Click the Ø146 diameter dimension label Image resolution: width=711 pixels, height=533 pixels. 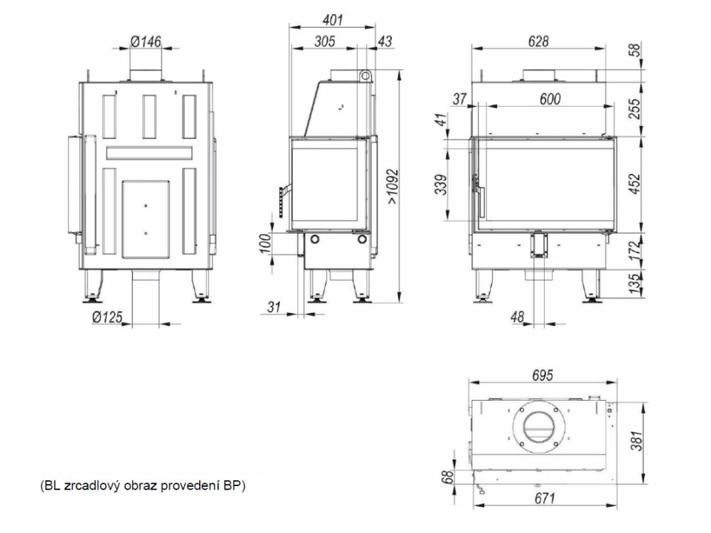[x=146, y=42]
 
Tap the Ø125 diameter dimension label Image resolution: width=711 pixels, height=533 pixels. [x=107, y=317]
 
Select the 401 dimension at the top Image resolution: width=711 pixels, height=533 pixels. [x=332, y=20]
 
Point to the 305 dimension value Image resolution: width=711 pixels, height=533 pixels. [x=325, y=41]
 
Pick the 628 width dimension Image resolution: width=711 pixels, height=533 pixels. [x=538, y=41]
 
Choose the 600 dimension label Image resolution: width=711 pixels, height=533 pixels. [x=550, y=99]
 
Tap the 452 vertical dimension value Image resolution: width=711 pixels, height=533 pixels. [x=636, y=184]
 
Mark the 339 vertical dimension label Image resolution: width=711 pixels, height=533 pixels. [x=442, y=184]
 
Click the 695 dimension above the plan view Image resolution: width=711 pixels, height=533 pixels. [x=542, y=376]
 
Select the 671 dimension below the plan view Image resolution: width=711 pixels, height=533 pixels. [x=545, y=499]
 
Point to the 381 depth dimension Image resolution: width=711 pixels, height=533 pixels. [x=637, y=440]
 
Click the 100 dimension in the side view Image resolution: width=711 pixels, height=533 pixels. [x=266, y=243]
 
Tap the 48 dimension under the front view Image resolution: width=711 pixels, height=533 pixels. [x=517, y=317]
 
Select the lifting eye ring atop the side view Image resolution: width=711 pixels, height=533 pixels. [x=365, y=76]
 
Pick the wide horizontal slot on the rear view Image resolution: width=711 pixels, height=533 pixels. [x=149, y=152]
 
